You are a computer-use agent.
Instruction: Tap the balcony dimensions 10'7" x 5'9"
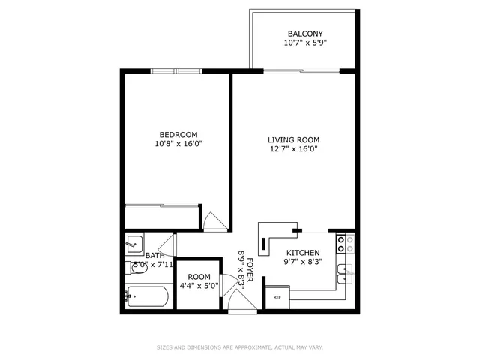point(305,43)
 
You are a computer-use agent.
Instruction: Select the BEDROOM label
point(178,134)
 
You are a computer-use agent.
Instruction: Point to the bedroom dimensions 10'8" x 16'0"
point(178,144)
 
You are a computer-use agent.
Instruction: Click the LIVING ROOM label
point(294,139)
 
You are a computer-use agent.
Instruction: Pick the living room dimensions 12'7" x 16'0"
point(294,149)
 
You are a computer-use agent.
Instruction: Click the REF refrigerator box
point(277,297)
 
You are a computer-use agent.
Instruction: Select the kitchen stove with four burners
point(345,242)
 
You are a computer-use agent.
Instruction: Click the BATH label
point(154,255)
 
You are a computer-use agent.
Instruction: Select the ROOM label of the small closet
point(199,276)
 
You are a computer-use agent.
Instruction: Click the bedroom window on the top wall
point(176,71)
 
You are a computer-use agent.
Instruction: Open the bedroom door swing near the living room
point(213,221)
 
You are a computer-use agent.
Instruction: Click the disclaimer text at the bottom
point(239,347)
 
